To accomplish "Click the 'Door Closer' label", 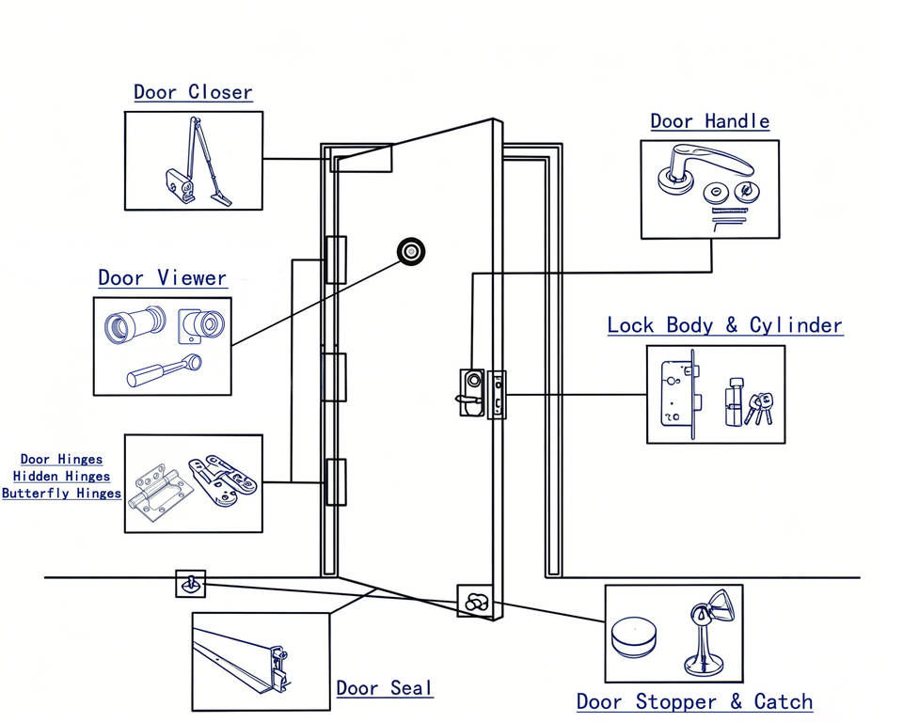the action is click(193, 92).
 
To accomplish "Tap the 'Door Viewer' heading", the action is click(163, 278).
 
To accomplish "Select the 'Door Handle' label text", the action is click(709, 121).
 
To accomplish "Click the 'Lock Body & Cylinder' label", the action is click(725, 325).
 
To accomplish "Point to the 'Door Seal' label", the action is click(384, 688).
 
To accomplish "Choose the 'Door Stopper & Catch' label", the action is click(694, 702).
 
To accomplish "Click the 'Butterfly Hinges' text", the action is click(62, 494).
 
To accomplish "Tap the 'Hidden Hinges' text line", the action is click(62, 476).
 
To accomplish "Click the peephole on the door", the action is click(411, 252).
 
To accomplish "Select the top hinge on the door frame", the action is click(336, 259).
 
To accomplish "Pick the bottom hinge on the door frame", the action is click(336, 482).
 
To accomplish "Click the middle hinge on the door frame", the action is click(334, 377).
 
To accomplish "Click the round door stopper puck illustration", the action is click(632, 637).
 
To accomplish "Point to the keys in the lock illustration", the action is click(758, 408).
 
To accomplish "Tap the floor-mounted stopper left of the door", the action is click(191, 584).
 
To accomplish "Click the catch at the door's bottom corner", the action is click(474, 601).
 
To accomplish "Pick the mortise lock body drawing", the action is click(680, 393).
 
